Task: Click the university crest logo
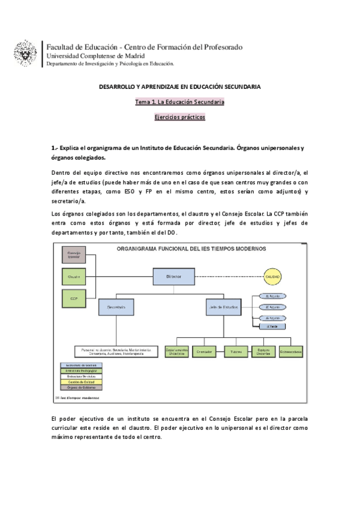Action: point(25,53)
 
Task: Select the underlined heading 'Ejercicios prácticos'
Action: point(180,118)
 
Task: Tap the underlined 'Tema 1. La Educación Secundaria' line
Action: point(180,102)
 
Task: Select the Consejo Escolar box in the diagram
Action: point(74,255)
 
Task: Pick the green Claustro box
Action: point(74,277)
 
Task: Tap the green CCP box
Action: point(74,298)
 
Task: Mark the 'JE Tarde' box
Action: point(272,326)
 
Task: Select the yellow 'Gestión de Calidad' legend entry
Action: point(79,382)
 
